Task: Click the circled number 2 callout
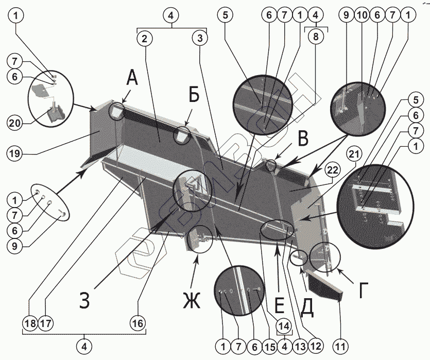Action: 145,38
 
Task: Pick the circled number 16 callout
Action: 137,324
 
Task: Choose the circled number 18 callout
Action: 30,324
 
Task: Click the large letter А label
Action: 132,79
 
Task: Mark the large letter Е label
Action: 279,306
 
